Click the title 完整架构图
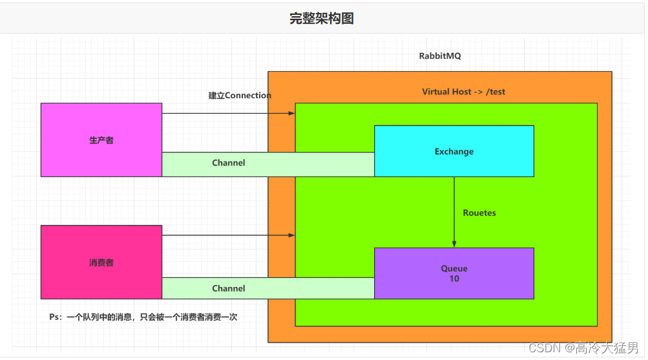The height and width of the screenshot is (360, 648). coord(321,18)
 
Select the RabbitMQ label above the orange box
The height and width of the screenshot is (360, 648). coord(440,56)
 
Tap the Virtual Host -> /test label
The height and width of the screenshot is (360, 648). coord(463,92)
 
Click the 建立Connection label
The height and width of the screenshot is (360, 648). coord(240,96)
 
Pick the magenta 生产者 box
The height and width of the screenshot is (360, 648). coord(101,140)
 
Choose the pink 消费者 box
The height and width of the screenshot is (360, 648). coord(101,262)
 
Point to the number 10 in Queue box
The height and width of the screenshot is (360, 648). coord(454,279)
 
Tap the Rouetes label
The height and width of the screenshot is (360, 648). coord(479,213)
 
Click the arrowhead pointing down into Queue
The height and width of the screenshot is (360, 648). coord(454,244)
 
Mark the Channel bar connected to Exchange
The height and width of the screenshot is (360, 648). coord(267,164)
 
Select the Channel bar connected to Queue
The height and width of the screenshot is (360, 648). coord(267,288)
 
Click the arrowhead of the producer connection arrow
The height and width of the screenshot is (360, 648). coord(292,113)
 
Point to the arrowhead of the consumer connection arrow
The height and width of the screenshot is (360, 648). coord(292,235)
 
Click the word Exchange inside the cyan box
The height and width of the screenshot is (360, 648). coord(454,152)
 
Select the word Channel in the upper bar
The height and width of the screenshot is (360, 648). coord(229,163)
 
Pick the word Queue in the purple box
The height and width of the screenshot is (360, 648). coord(454,268)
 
